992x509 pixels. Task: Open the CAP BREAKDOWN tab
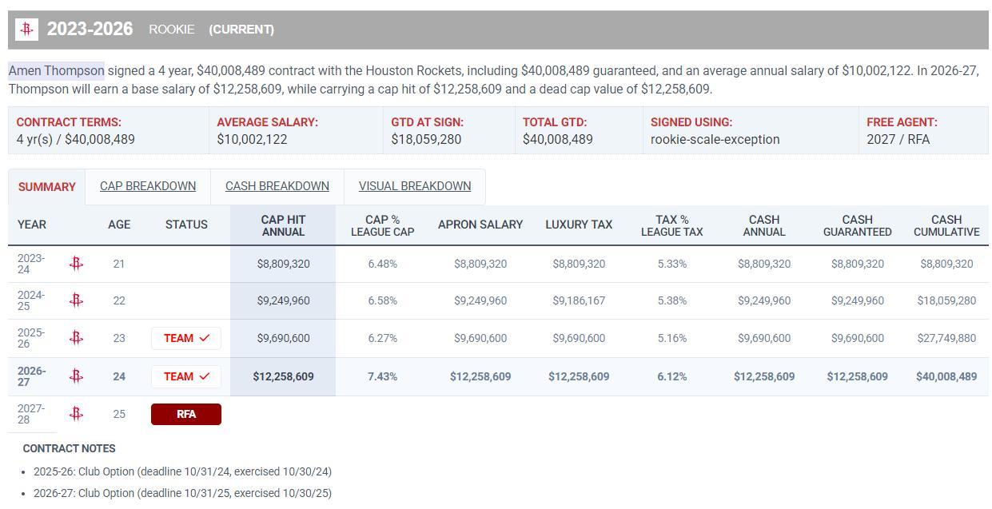148,186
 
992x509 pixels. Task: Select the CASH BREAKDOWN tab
277,186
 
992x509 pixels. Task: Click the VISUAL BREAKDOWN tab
415,186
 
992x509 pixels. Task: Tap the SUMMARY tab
47,187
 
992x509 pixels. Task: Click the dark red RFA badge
186,414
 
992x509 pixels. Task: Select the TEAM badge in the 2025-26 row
186,339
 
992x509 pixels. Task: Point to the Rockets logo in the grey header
26,30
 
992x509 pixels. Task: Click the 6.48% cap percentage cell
383,264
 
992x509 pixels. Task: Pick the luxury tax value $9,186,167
579,301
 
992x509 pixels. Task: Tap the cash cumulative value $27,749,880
946,339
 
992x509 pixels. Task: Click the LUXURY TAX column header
579,225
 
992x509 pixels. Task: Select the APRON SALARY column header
480,225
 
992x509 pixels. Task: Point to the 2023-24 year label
31,264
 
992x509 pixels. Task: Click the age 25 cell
119,414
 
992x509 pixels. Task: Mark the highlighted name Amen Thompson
56,71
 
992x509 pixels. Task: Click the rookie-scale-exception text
715,139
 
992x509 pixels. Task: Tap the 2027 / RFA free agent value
898,139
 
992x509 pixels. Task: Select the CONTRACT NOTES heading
69,449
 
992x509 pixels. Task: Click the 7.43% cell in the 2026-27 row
383,376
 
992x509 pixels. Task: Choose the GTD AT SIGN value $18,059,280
426,139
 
